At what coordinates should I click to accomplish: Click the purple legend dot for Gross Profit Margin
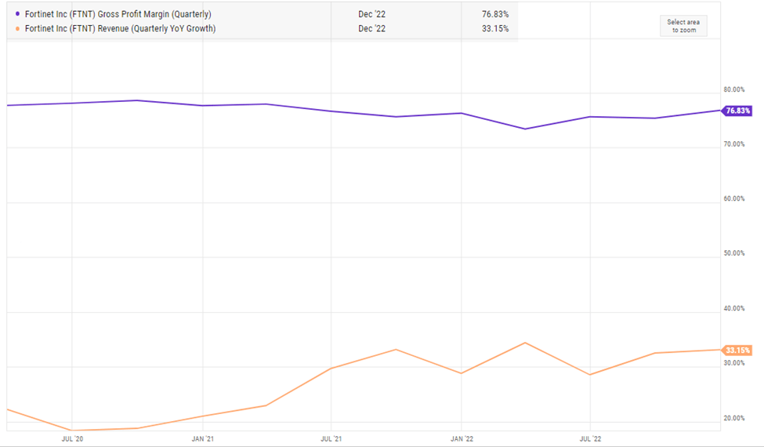coord(17,15)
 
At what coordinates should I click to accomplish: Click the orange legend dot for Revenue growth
coord(17,29)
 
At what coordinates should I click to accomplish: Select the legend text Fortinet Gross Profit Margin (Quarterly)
coord(118,15)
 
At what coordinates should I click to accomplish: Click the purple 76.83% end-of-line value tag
coord(737,111)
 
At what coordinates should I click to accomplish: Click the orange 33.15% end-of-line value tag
coord(737,350)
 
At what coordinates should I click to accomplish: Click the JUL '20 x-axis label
coord(72,439)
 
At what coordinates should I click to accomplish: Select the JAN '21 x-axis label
coord(203,439)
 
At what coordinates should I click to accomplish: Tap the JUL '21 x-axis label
coord(331,439)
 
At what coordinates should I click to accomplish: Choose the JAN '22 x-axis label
coord(462,439)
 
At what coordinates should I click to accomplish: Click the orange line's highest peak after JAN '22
coord(525,343)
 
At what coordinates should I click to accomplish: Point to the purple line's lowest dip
coord(525,129)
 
